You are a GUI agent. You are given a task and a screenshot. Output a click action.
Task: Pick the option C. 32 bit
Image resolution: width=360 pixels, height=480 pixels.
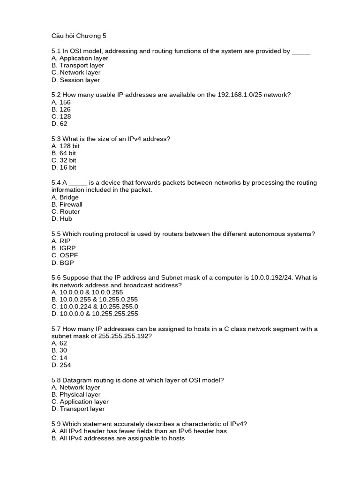click(x=64, y=160)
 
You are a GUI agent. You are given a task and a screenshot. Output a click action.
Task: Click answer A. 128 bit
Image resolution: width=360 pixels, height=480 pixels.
click(x=66, y=146)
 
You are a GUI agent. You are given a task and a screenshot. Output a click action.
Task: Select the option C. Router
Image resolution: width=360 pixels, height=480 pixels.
click(x=66, y=211)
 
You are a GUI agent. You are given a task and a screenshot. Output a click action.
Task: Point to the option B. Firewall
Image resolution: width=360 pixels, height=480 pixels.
click(x=67, y=204)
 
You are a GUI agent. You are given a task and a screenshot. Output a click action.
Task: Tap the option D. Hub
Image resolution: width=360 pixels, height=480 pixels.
click(x=62, y=219)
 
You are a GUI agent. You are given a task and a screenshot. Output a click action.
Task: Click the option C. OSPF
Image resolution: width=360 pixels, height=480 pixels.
click(x=65, y=255)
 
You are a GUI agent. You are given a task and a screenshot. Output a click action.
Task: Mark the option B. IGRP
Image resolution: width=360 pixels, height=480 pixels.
click(x=63, y=248)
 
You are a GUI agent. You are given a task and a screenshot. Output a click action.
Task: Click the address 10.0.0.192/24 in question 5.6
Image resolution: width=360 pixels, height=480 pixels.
click(x=280, y=277)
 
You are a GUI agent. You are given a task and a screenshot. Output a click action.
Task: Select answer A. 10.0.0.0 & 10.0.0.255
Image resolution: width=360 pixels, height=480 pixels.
click(x=85, y=292)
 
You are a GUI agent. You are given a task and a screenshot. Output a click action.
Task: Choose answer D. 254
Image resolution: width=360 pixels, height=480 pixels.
click(x=61, y=365)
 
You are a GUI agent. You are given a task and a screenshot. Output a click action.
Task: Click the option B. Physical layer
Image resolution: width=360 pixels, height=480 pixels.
click(x=76, y=395)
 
